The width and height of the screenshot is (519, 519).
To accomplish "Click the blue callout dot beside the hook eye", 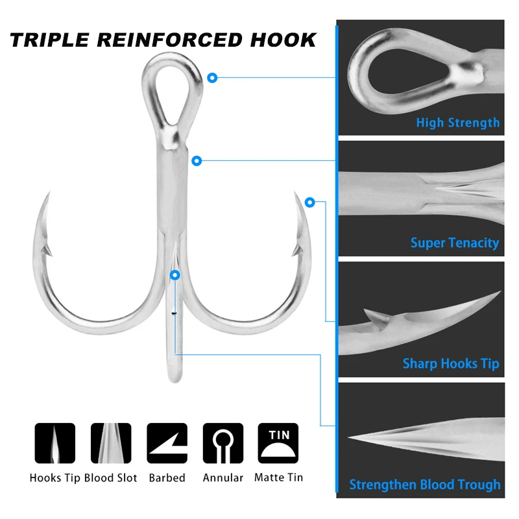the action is click(212, 78).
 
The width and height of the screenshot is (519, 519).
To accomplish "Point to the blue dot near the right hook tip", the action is click(310, 202).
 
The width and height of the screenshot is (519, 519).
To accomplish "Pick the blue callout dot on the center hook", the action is click(174, 275).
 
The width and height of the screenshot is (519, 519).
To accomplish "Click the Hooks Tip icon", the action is click(54, 443).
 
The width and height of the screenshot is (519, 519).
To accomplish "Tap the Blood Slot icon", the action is click(111, 443).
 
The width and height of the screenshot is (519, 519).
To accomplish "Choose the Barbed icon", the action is click(167, 443).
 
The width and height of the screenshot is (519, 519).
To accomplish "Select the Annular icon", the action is click(223, 443).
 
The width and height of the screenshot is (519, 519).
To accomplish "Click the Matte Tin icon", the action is click(278, 443).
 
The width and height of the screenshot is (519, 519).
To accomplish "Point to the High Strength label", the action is click(457, 122).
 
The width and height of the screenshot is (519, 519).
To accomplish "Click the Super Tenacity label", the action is click(454, 243).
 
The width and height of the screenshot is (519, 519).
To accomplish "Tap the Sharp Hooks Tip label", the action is click(451, 363).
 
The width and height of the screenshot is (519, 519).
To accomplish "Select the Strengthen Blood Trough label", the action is click(425, 485).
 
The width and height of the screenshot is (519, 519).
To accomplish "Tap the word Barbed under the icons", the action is click(167, 477).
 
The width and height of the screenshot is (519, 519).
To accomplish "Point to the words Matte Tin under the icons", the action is click(278, 477).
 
